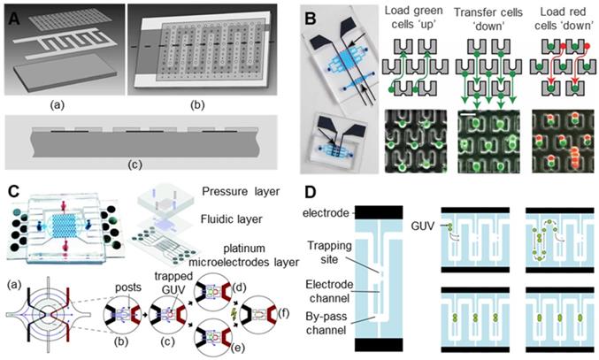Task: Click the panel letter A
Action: (x=13, y=12)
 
